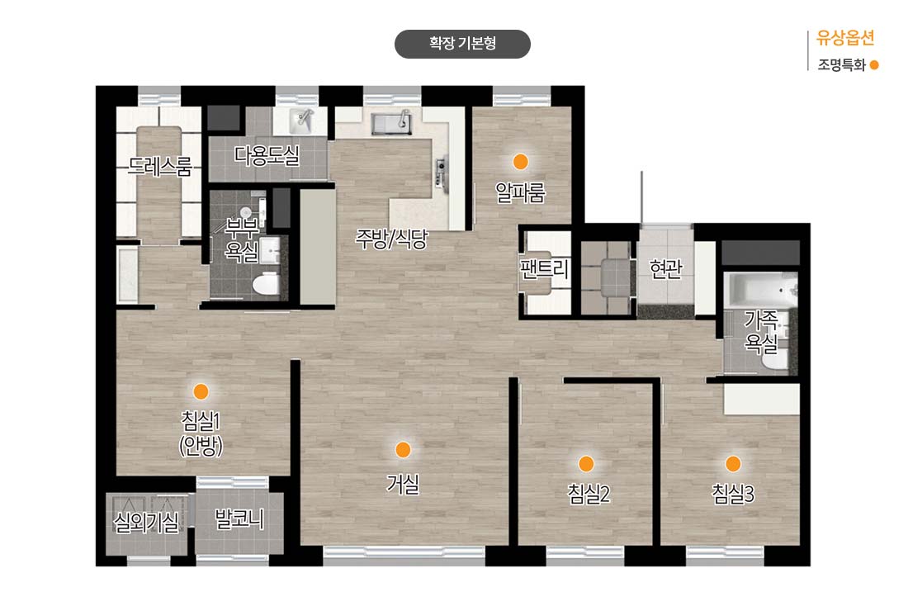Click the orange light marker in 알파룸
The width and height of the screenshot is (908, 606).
tap(521, 162)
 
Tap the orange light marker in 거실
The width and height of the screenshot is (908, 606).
tap(403, 450)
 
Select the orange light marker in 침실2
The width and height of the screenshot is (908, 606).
tap(586, 463)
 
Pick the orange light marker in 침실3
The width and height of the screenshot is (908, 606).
tap(733, 463)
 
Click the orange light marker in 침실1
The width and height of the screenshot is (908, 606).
tap(201, 391)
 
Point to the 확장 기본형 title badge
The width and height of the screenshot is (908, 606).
tap(462, 44)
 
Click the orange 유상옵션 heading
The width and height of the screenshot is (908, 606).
tap(845, 38)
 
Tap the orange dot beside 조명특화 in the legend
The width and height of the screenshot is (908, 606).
tap(874, 65)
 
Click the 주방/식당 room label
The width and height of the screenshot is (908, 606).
tap(391, 238)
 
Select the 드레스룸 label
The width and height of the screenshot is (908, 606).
tap(160, 166)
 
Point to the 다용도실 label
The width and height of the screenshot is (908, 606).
tap(267, 154)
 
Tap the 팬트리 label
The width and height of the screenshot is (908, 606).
tap(544, 269)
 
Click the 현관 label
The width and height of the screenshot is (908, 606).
tap(665, 268)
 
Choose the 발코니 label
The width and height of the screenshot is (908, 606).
tap(239, 518)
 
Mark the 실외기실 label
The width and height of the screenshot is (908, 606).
tap(146, 523)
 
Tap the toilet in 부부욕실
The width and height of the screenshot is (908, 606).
tap(267, 283)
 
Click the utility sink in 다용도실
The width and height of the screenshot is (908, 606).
tap(301, 120)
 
